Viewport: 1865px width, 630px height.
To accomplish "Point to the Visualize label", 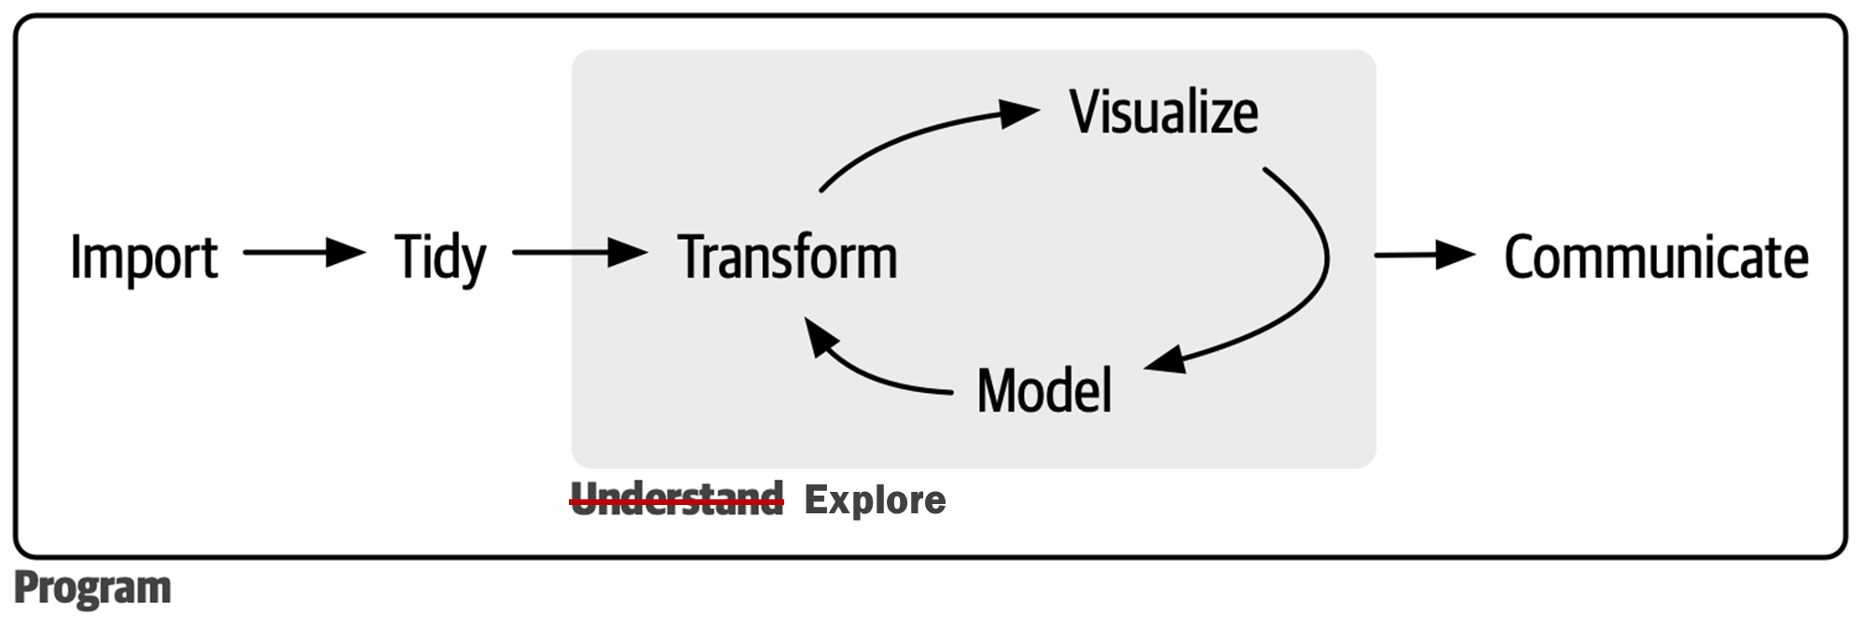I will pos(1163,112).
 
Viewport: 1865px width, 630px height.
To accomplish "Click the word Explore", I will pos(875,500).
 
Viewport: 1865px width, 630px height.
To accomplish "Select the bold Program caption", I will pos(92,588).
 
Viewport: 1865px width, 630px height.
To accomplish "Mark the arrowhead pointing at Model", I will pos(1166,359).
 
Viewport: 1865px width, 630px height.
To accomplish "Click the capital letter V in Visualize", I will pos(1084,112).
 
